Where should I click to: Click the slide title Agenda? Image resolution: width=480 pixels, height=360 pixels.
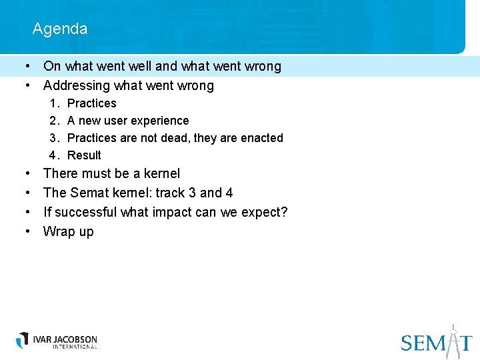coord(59,29)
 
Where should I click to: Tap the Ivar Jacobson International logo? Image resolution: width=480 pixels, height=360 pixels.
coord(57,340)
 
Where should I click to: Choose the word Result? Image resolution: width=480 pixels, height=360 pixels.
coord(84,155)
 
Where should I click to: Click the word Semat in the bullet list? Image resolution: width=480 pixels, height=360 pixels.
coord(85,193)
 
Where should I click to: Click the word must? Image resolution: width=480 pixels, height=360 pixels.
coord(96,173)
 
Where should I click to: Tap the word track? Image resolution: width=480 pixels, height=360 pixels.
coord(171,193)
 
